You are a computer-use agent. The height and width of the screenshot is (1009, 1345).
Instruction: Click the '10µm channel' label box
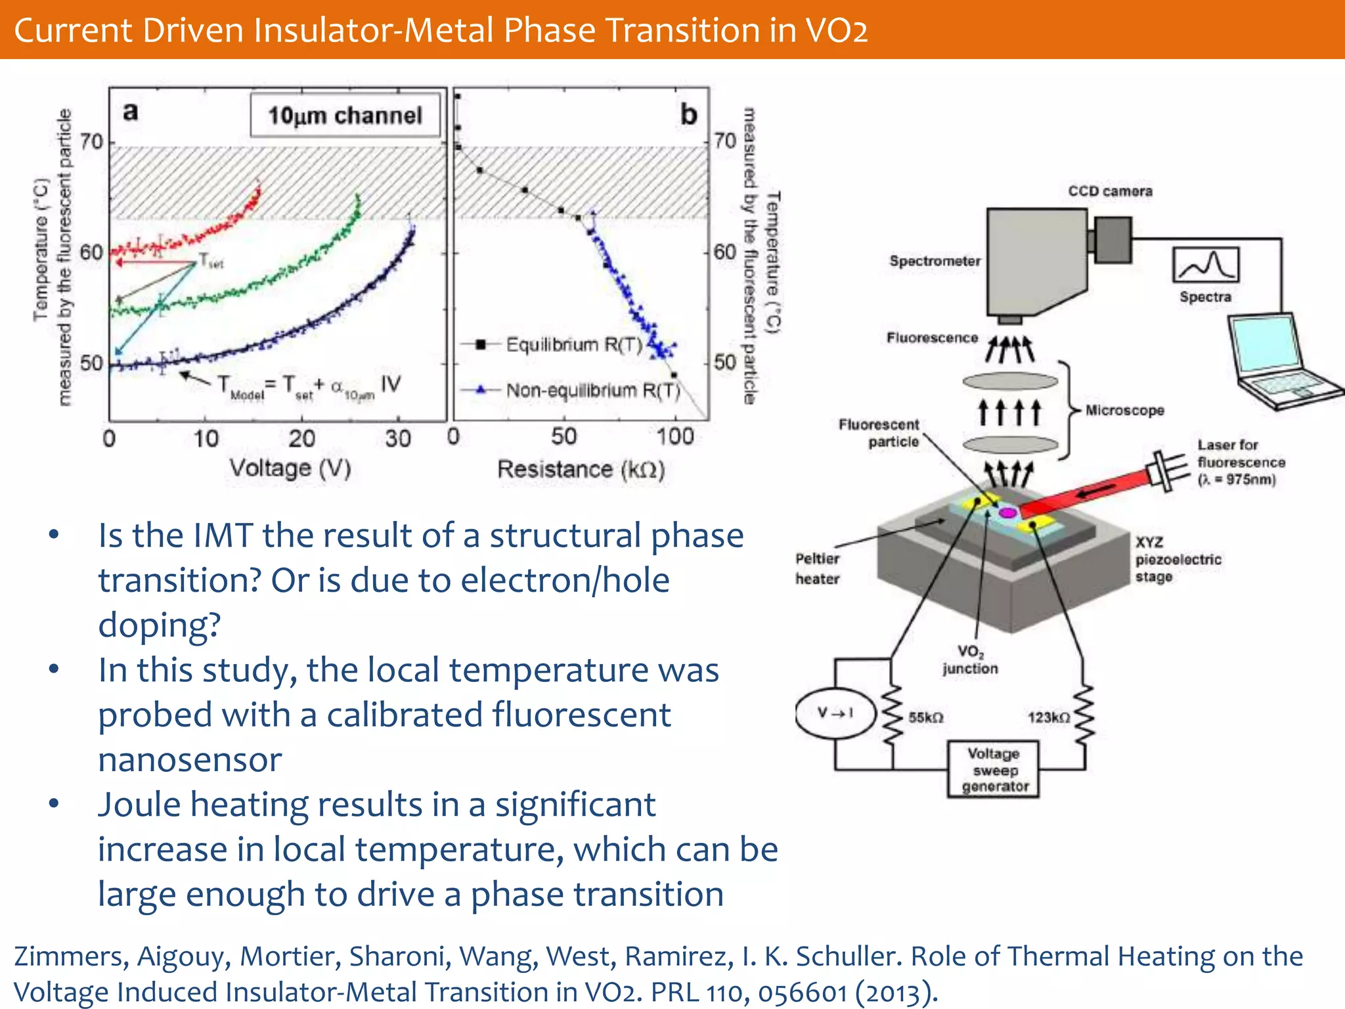click(x=345, y=116)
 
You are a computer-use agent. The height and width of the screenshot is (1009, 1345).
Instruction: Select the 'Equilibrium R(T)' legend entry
click(x=573, y=344)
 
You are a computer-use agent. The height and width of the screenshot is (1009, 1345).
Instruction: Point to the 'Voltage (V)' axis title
click(x=290, y=468)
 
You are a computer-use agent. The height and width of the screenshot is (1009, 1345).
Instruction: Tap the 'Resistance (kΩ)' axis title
click(x=581, y=469)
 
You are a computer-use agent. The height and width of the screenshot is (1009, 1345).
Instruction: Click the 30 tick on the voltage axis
click(x=398, y=438)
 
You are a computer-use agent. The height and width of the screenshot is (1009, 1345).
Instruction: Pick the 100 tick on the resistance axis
click(x=675, y=437)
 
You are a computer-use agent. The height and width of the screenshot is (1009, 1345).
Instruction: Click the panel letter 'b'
click(x=688, y=115)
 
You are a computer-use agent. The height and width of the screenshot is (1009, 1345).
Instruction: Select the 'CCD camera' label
click(x=1110, y=191)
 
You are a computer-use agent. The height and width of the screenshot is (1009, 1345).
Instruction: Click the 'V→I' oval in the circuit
click(x=835, y=713)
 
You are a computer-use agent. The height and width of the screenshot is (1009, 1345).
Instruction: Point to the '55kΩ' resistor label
click(x=926, y=717)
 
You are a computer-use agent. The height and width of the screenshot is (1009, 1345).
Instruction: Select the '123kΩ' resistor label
click(x=1048, y=717)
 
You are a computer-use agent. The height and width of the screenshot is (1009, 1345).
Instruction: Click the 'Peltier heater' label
click(x=818, y=568)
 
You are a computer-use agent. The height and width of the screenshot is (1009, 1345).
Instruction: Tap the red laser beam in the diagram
click(x=1090, y=492)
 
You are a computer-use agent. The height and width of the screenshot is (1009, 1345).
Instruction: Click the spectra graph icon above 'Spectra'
click(x=1206, y=265)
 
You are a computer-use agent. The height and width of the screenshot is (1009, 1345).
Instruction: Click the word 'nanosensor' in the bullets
click(x=190, y=760)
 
